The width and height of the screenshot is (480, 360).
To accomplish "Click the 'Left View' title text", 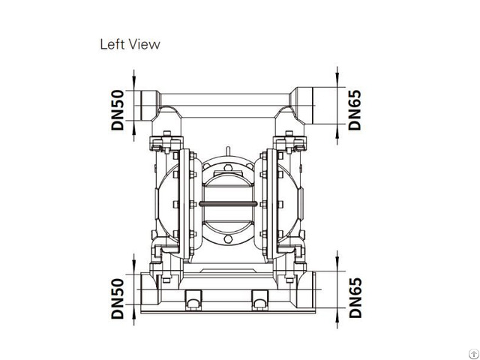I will coord(130,44).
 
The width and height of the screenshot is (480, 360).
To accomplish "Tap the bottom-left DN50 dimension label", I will coord(118,297).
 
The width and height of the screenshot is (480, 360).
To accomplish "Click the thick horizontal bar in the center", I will coord(227,203).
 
